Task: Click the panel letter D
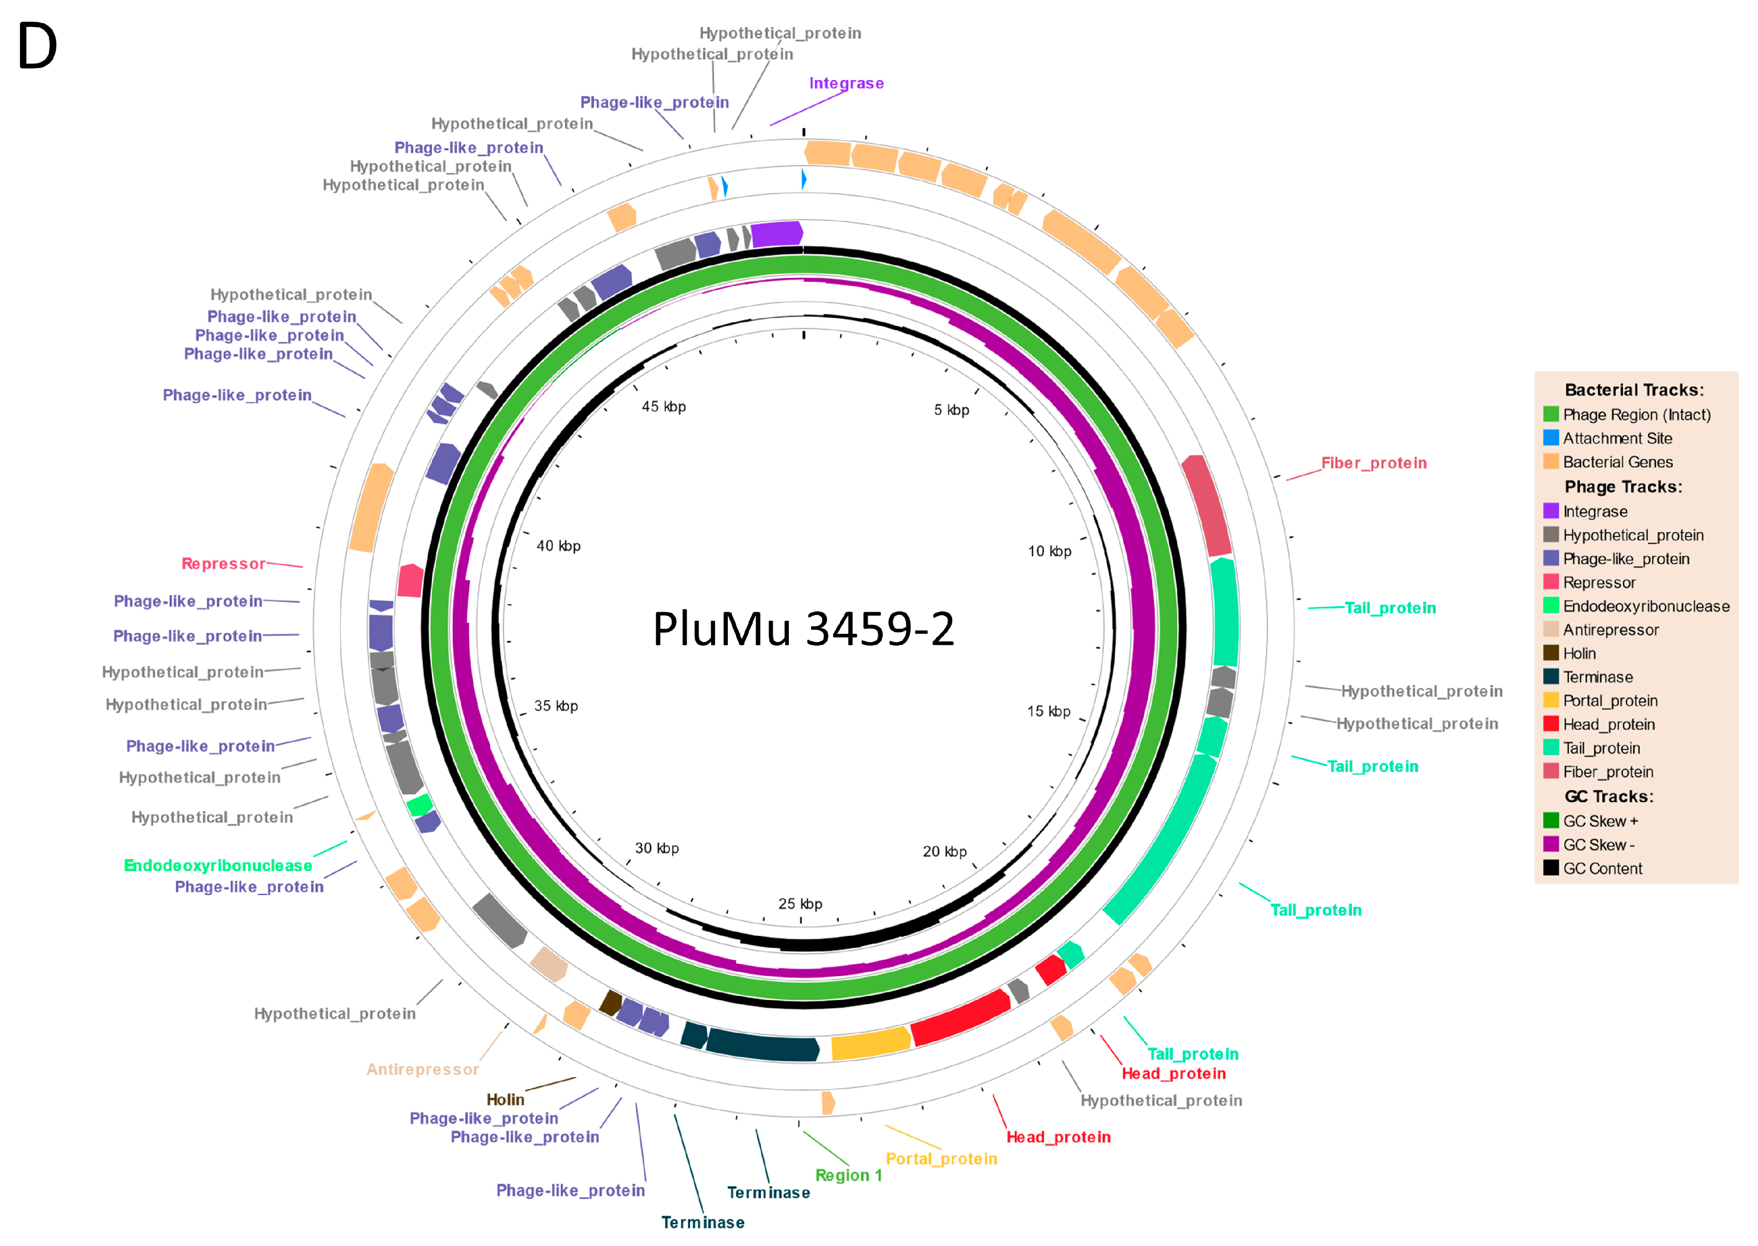pyautogui.click(x=37, y=46)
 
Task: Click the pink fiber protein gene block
pyautogui.click(x=1207, y=506)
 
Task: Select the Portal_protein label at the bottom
pyautogui.click(x=941, y=1159)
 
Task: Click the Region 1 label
pyautogui.click(x=848, y=1175)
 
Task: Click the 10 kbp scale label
pyautogui.click(x=1049, y=551)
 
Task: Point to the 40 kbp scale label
pyautogui.click(x=558, y=546)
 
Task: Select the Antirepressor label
pyautogui.click(x=422, y=1069)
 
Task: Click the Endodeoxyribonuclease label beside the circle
pyautogui.click(x=218, y=865)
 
